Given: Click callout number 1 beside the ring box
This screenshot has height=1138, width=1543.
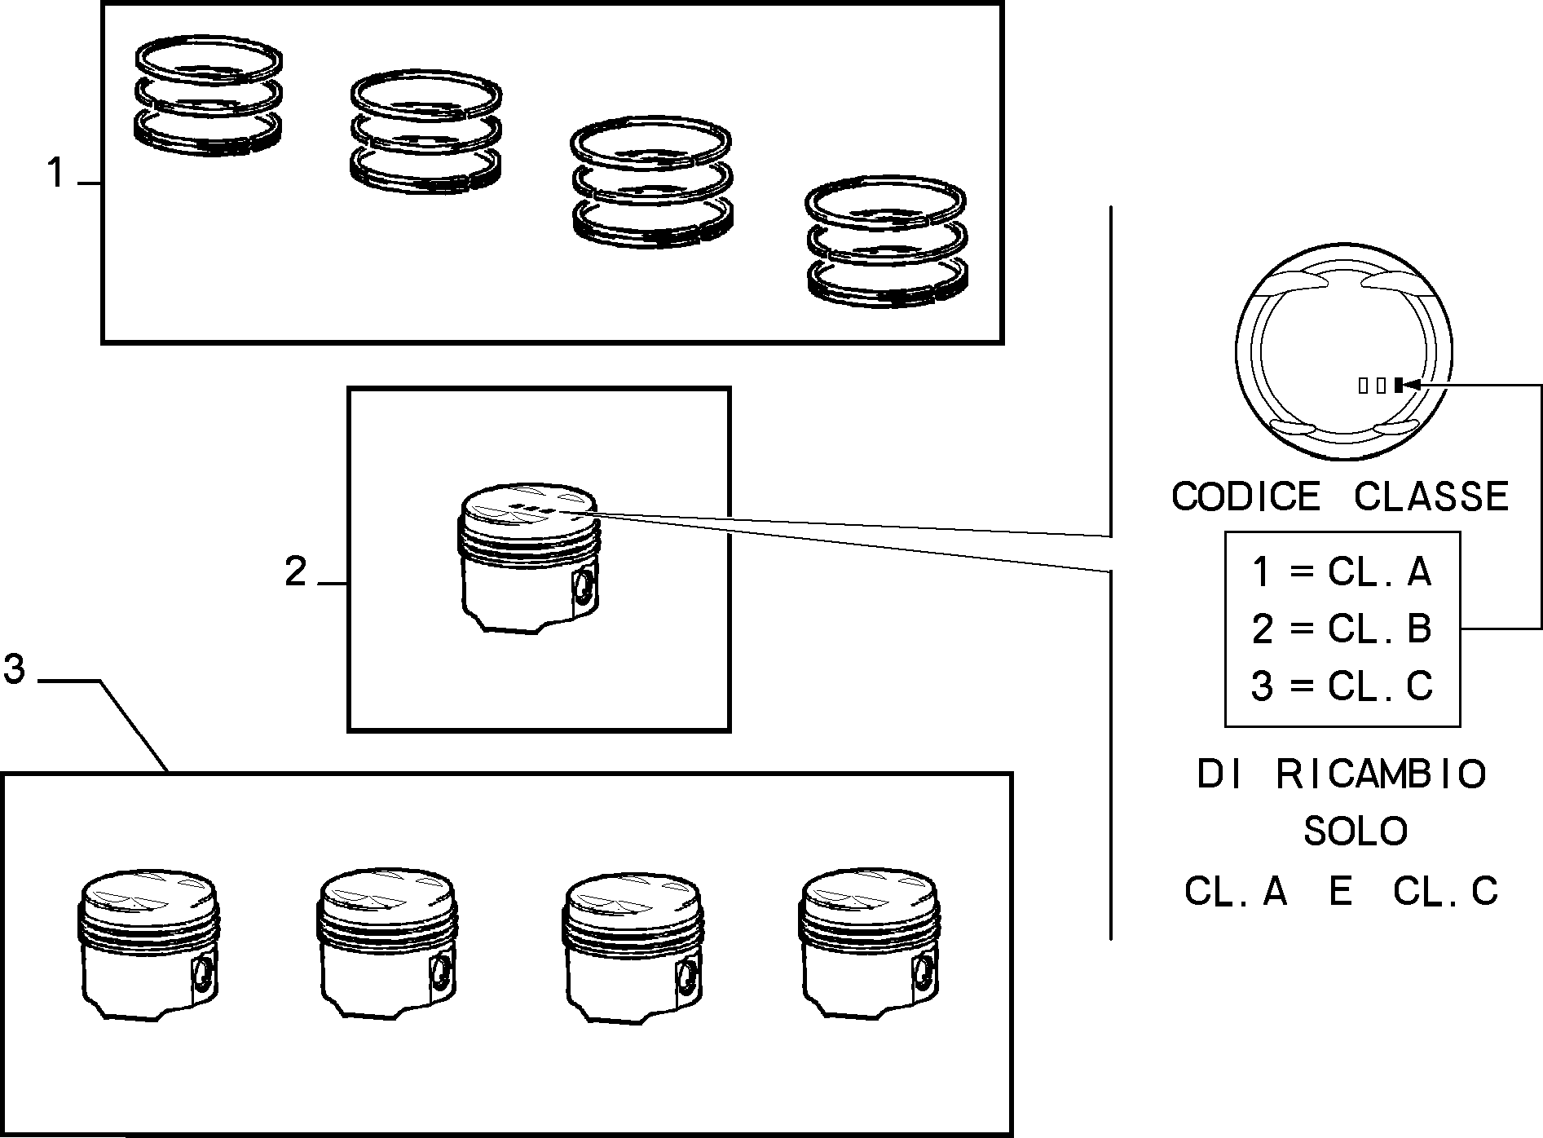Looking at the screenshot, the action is (x=55, y=174).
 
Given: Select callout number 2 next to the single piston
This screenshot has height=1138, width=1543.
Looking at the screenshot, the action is (x=296, y=572).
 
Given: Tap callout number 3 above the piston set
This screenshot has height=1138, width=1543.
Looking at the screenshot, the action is (x=15, y=669).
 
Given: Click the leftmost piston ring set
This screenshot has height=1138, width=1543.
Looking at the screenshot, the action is (x=209, y=95).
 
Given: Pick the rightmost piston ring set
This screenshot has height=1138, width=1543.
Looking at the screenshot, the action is (x=886, y=240).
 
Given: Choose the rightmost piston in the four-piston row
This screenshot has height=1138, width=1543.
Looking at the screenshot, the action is (x=870, y=944).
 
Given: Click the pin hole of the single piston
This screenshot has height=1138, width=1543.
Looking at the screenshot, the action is (x=584, y=587).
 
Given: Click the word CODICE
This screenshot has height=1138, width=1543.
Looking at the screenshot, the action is (x=1245, y=496).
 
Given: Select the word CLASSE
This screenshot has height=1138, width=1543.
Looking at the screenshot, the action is (x=1431, y=496).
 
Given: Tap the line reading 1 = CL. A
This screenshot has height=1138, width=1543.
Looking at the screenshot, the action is (x=1342, y=572).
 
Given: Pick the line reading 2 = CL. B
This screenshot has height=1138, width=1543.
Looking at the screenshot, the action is (x=1342, y=629).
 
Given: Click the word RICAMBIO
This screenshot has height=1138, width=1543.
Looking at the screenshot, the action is (x=1382, y=774).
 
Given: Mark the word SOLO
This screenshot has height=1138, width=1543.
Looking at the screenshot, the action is (x=1356, y=831).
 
